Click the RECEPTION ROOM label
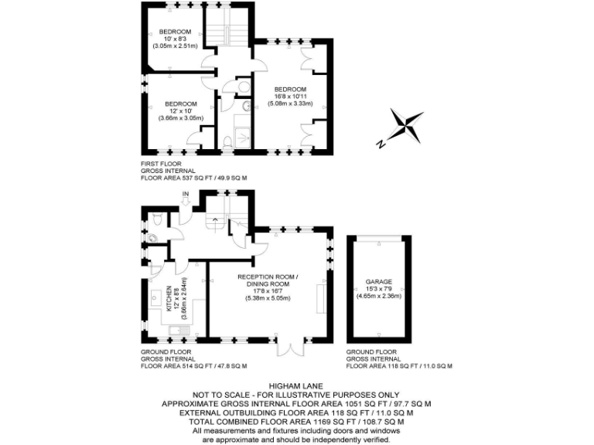click(267, 277)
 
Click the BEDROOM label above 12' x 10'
click(180, 104)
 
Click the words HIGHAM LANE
click(296, 384)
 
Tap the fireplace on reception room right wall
click(321, 297)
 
